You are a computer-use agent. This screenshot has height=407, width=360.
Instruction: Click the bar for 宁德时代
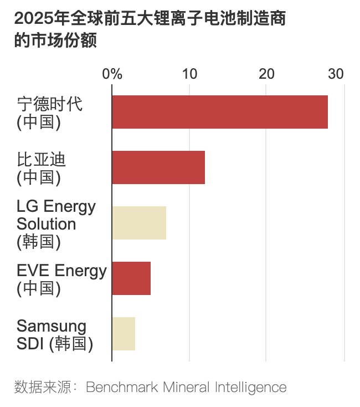[x=220, y=112]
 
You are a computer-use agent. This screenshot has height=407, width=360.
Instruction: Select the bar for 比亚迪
[x=158, y=167]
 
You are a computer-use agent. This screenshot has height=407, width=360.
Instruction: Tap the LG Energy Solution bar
[x=139, y=223]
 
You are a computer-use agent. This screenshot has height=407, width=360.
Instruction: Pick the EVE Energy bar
[x=131, y=278]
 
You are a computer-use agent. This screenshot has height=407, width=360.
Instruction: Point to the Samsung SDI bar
[x=124, y=334]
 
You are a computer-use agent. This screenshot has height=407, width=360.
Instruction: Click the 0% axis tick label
[x=112, y=74]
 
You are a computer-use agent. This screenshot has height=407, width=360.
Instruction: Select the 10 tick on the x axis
[x=189, y=74]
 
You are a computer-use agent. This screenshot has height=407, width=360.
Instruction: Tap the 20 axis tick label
[x=266, y=74]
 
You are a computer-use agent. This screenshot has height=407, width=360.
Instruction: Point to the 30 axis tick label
[x=336, y=74]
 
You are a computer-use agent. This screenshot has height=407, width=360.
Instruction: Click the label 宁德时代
[x=49, y=104]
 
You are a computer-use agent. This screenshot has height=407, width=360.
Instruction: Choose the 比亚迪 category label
[x=41, y=160]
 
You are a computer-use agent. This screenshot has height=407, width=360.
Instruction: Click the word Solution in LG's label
[x=47, y=224]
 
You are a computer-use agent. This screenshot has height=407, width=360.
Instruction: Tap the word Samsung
[x=52, y=326]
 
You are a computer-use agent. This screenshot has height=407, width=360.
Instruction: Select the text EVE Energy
[x=61, y=271]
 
